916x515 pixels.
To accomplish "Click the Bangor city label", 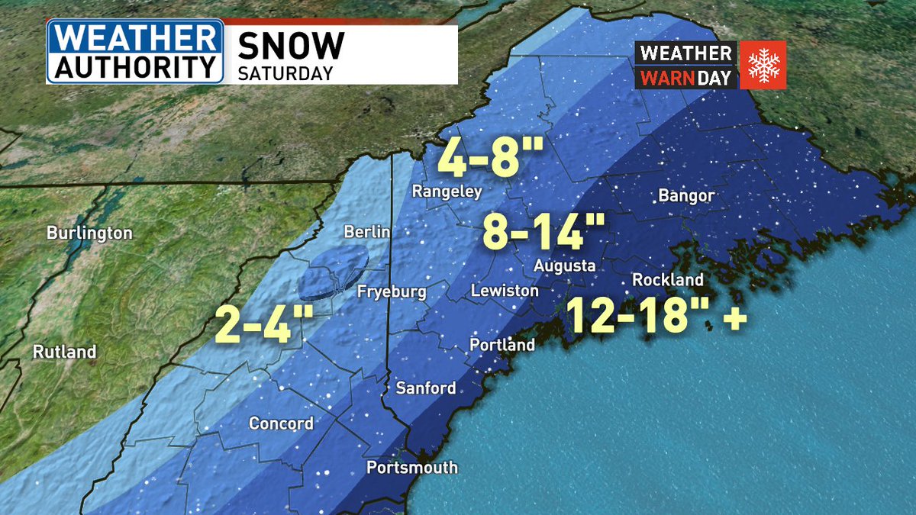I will [686, 196].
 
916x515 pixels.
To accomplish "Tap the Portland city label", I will [502, 345].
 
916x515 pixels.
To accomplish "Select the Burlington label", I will [89, 233].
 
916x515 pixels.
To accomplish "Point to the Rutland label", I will [64, 352].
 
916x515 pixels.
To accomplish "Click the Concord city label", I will [281, 423].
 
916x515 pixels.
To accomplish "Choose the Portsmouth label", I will [412, 467].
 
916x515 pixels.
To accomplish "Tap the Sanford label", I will [425, 388].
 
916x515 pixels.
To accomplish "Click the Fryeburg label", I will [392, 291].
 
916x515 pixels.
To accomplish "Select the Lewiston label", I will [505, 291].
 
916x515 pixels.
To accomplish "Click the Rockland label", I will [667, 280].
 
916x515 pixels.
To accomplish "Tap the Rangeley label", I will [447, 192].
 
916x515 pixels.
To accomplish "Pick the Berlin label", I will [366, 232].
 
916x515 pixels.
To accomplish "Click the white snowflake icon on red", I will [761, 65].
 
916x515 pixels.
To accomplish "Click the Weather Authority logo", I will [135, 51].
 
